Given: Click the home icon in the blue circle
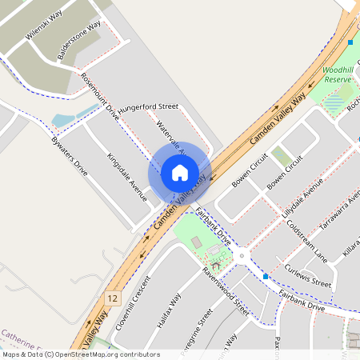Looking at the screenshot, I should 180,172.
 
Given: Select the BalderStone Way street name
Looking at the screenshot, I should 79,41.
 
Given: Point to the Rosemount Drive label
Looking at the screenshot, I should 100,97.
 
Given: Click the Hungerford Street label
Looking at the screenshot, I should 148,107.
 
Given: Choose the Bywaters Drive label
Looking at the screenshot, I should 69,156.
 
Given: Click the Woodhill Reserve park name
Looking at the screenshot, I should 338,75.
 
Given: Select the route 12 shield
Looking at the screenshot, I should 112,298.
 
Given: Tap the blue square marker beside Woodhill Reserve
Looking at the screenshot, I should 350,42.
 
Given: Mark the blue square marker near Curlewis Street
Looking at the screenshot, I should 266,277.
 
